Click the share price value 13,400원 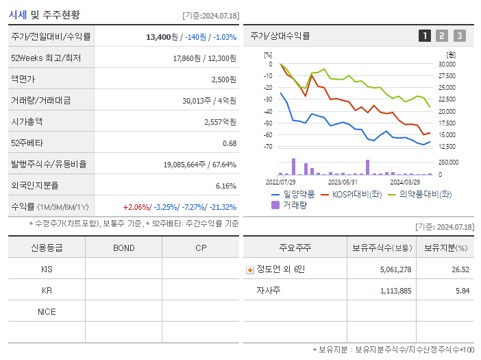coord(164,37)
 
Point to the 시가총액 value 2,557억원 coord(221,122)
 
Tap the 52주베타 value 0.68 coord(230,143)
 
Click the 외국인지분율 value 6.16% coord(225,186)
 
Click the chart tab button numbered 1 coord(425,36)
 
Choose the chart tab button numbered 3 coord(459,36)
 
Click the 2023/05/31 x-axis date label coord(343,182)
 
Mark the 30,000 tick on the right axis coord(446,64)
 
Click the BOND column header coord(123,248)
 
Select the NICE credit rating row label coord(47,312)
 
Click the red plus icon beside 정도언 coord(249,269)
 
